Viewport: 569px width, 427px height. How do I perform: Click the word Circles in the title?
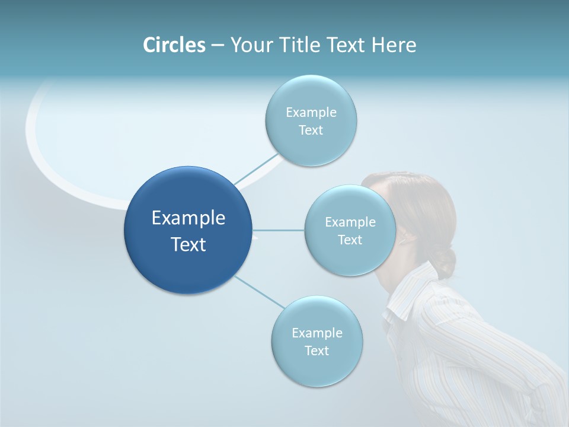(174, 45)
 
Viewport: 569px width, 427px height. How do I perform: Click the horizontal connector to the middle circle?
(279, 230)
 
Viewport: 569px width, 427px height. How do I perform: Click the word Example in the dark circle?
(188, 218)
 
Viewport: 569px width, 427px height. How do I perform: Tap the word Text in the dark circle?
(188, 244)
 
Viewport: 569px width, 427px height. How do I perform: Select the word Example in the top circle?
(311, 112)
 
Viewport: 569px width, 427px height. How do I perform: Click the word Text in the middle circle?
(350, 240)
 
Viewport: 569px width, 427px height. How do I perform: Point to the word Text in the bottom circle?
(317, 350)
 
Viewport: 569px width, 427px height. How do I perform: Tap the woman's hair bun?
(445, 261)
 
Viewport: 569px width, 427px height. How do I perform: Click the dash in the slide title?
(218, 45)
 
